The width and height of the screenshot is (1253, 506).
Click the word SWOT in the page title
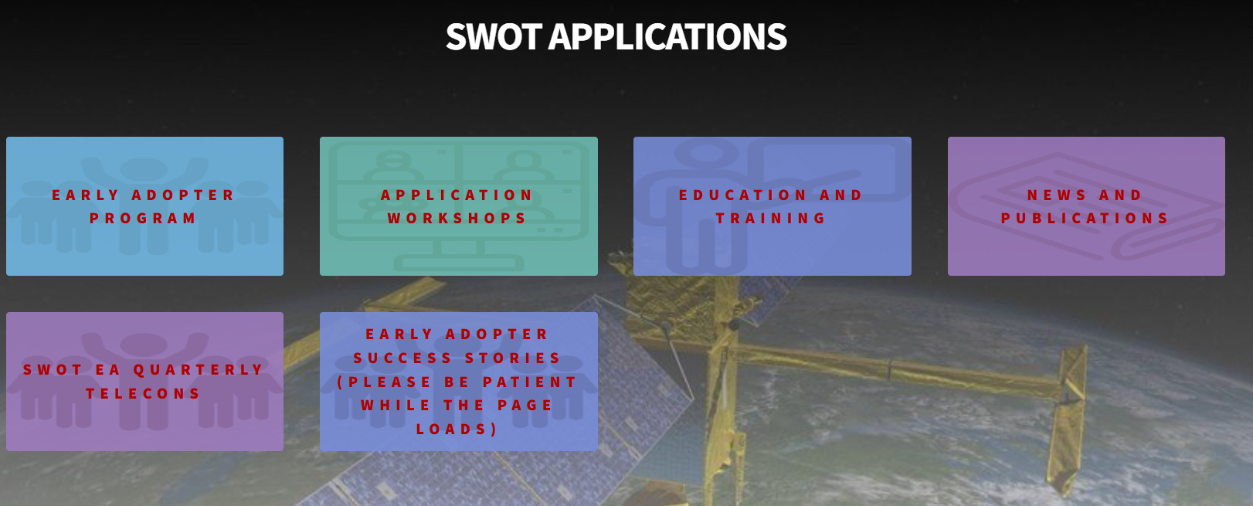493,37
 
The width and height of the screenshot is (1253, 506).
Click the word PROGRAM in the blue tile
144,219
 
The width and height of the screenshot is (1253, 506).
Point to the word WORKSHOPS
457,219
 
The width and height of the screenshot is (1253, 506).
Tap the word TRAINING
771,219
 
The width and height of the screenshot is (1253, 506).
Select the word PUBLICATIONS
1085,219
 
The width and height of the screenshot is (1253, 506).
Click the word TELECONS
144,394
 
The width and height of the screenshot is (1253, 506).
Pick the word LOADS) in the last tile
457,430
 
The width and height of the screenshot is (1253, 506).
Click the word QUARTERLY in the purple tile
199,370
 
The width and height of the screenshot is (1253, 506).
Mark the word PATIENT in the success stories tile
529,382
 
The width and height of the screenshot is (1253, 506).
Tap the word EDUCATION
743,195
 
